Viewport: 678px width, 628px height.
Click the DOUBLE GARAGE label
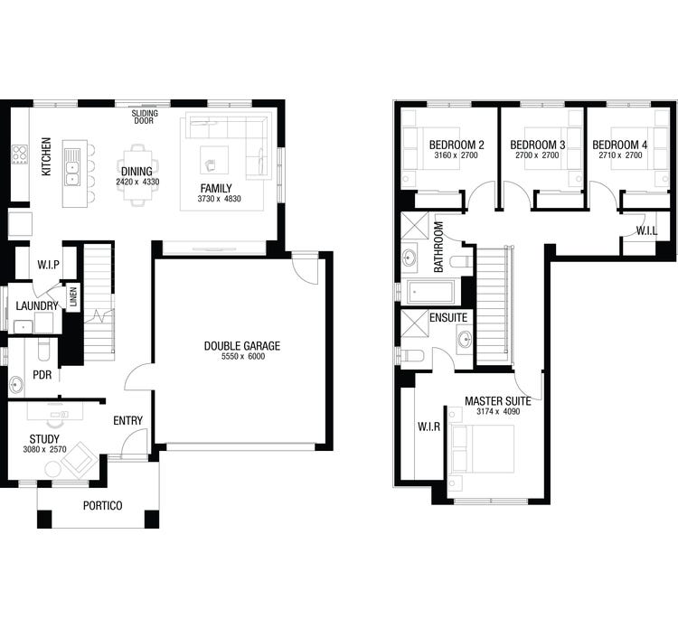coord(241,346)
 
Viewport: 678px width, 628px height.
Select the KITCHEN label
coord(46,156)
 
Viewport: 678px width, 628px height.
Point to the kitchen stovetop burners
coord(18,155)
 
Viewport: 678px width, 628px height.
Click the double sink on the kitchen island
coord(72,166)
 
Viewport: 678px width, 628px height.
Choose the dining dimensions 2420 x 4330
coord(137,183)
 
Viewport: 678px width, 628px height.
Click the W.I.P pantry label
coord(49,265)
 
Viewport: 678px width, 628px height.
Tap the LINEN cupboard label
coord(73,295)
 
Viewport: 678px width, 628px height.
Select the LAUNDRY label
coord(37,306)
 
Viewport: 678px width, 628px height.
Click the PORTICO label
coord(102,505)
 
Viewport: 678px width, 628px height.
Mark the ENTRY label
coord(128,420)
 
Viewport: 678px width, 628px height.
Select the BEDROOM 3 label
coord(538,145)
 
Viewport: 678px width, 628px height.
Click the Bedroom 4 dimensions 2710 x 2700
coord(620,156)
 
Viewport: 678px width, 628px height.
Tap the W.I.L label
coord(646,230)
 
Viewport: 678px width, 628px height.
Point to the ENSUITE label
coord(448,318)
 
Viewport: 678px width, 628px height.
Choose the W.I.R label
coord(428,426)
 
